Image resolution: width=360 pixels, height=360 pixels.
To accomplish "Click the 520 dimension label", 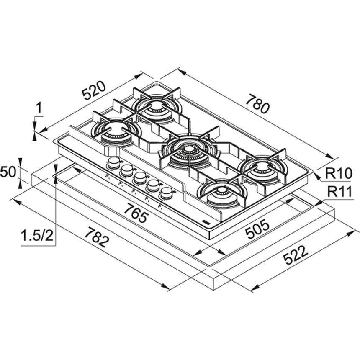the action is [94, 90].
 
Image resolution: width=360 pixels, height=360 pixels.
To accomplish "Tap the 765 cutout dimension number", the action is [136, 214].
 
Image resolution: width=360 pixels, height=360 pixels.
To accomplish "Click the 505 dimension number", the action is [257, 229].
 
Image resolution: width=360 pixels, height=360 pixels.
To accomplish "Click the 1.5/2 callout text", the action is [37, 236].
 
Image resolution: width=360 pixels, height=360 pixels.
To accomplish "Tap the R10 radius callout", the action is [339, 174].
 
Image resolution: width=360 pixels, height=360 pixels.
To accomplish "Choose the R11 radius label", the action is [340, 192].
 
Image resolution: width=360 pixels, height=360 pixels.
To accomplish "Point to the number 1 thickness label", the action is [39, 108].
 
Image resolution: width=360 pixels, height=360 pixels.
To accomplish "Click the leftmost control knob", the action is [113, 163].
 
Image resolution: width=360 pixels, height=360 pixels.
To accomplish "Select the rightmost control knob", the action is [166, 193].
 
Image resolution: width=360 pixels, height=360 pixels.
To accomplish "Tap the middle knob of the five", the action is [140, 178].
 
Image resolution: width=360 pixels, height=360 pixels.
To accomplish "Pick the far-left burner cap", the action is [114, 127].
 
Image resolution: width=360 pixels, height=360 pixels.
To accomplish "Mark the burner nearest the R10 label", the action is [262, 167].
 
